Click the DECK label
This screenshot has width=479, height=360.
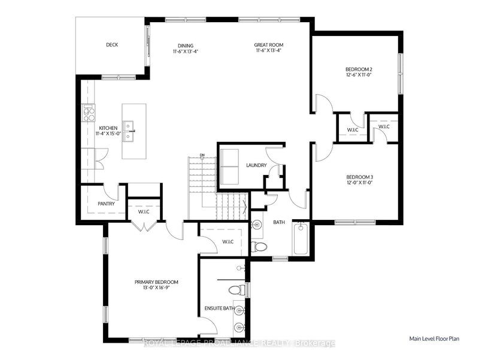click(112, 45)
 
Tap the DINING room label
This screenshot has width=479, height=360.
click(186, 45)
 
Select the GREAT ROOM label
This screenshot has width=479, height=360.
click(268, 45)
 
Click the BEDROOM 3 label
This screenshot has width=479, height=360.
click(360, 177)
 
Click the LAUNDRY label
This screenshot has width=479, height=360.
click(256, 165)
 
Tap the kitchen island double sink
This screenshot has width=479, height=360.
click(129, 131)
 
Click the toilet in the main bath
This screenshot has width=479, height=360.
click(259, 246)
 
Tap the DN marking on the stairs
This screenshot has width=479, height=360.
click(202, 156)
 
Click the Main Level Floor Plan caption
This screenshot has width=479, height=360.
click(434, 338)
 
